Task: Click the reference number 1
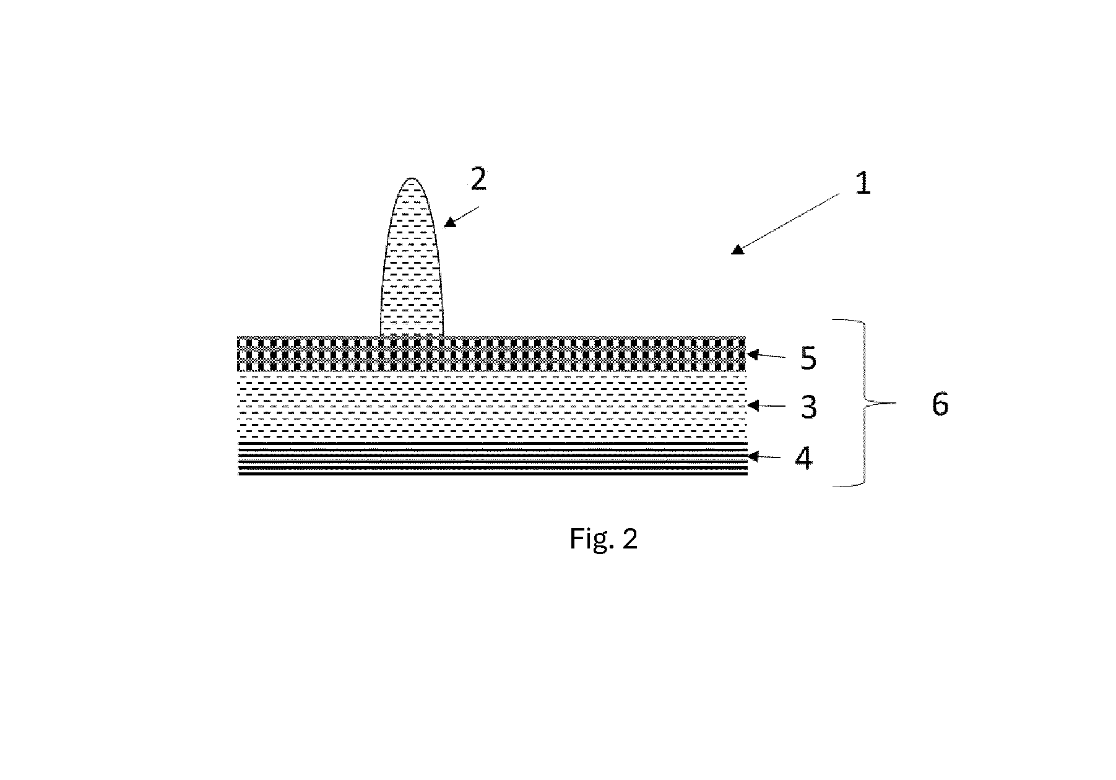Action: coord(863,184)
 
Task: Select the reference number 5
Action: coord(808,359)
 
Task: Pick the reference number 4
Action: coord(803,459)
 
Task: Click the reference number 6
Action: coord(940,405)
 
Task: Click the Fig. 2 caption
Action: coord(603,539)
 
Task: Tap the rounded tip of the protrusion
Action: coord(412,179)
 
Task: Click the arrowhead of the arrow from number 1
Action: coord(737,249)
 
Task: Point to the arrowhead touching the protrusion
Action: coord(449,222)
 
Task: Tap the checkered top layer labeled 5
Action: coord(492,354)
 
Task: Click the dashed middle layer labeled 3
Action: coord(492,407)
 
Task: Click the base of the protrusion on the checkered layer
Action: coord(412,335)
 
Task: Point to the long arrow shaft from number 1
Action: coord(789,220)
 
